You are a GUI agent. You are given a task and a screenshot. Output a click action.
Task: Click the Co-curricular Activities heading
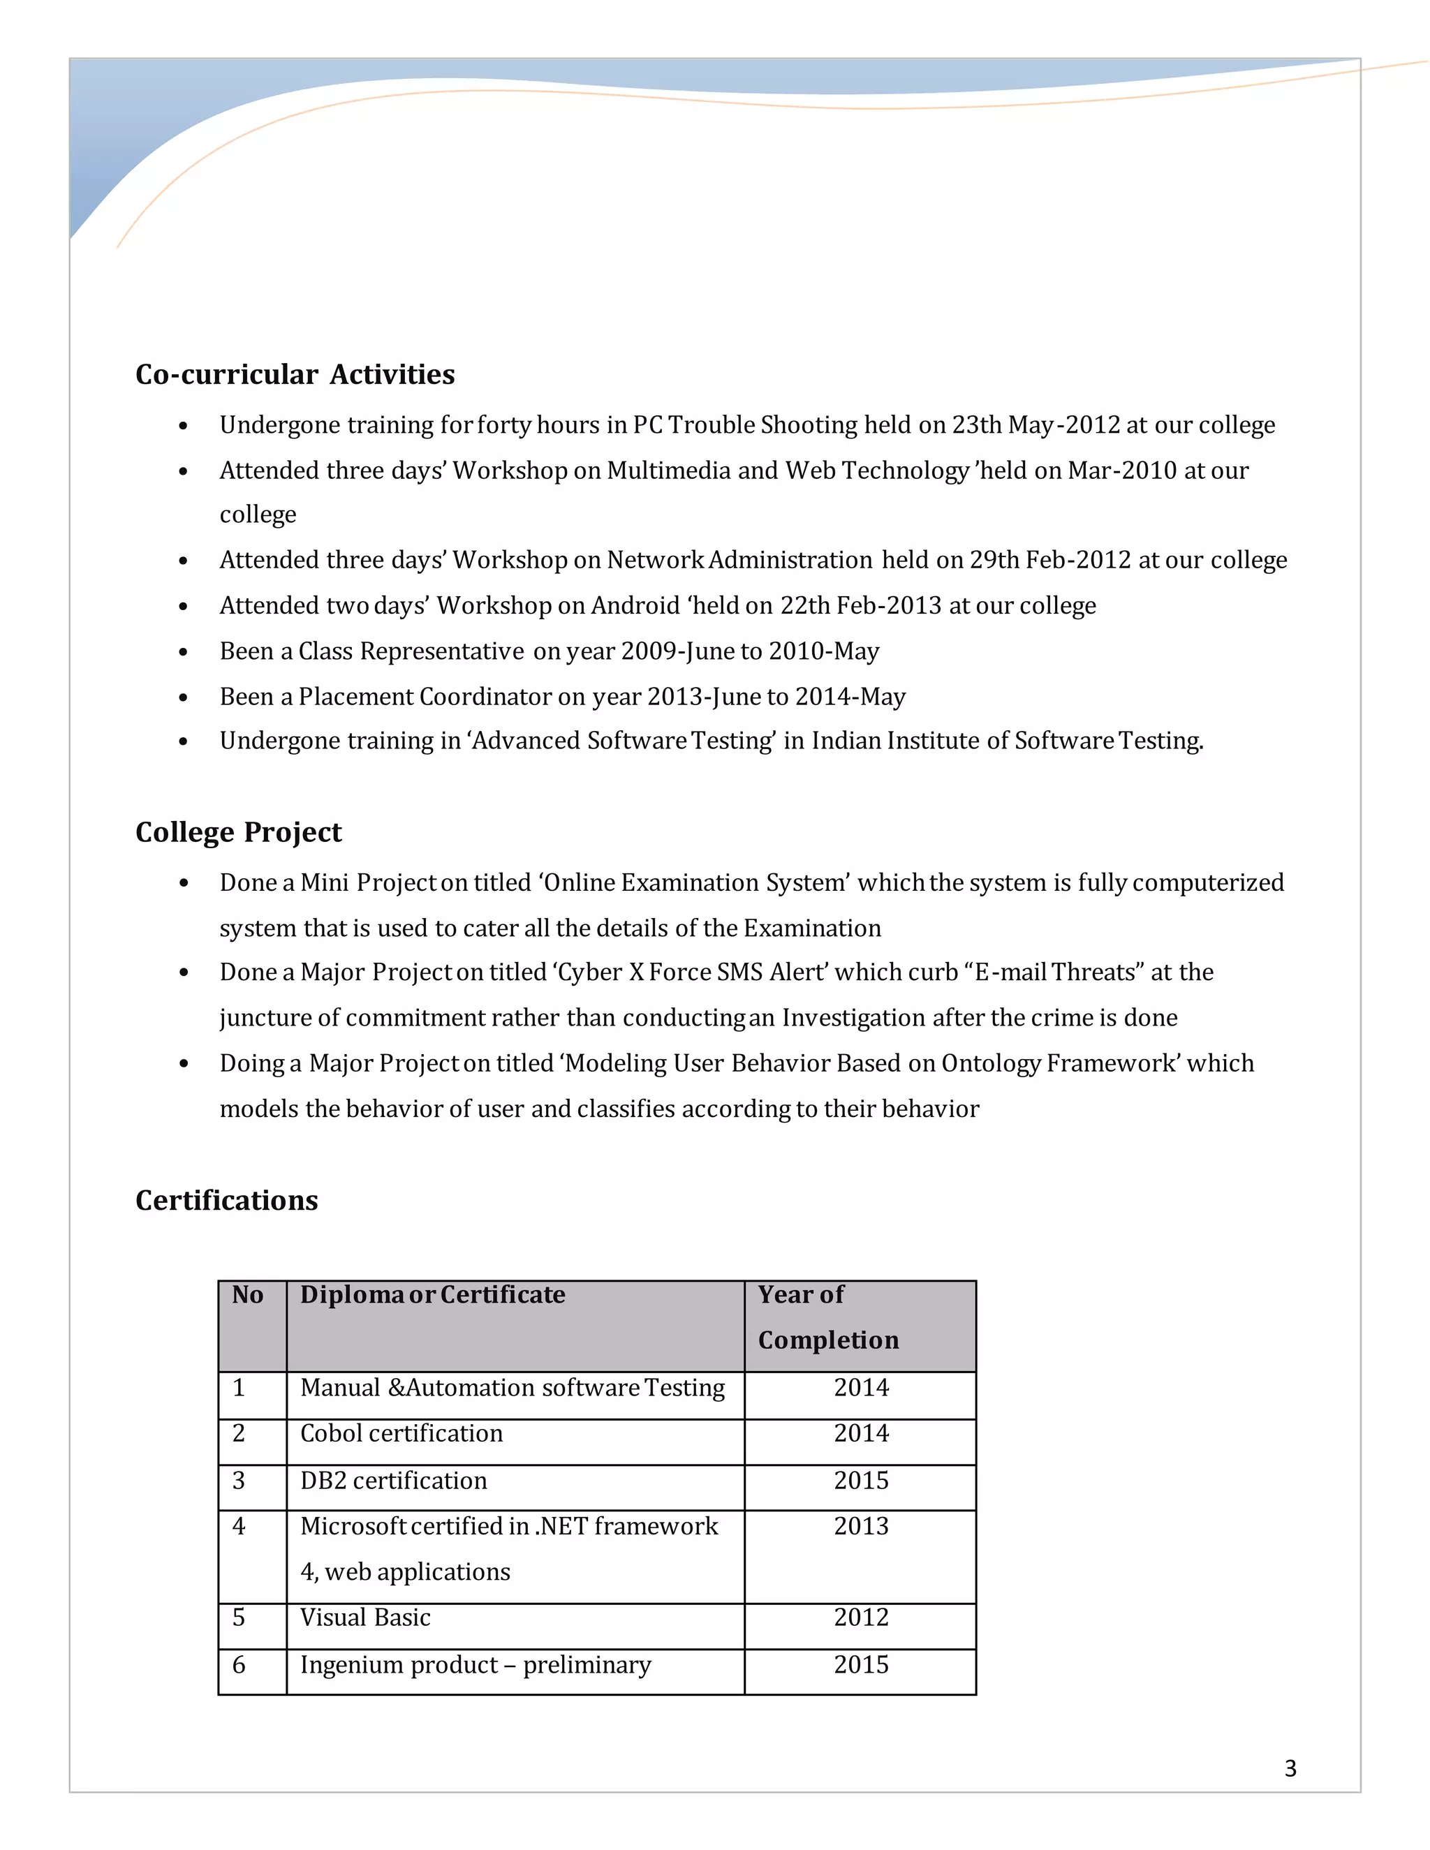(x=295, y=374)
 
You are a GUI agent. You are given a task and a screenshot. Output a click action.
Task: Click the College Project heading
(x=238, y=832)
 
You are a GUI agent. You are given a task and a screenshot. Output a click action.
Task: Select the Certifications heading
(x=226, y=1200)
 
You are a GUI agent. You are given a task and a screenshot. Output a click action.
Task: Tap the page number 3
(x=1290, y=1768)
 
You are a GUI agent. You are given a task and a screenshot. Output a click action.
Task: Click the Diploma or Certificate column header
(x=432, y=1295)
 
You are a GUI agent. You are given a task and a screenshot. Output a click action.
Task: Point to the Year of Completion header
(x=827, y=1317)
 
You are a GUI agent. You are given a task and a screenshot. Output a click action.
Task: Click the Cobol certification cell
(x=401, y=1433)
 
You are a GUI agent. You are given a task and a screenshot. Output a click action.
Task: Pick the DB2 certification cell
(x=393, y=1481)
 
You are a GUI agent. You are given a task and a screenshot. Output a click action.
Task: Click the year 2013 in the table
(x=861, y=1526)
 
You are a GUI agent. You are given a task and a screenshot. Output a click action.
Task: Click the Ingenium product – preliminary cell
(x=476, y=1665)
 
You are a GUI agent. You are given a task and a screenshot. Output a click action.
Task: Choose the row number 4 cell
(x=239, y=1526)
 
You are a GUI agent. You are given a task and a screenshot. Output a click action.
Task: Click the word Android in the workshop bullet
(x=635, y=606)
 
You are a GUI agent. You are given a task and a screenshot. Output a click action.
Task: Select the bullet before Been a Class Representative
(x=184, y=652)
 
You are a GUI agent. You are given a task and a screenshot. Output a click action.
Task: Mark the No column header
(x=247, y=1295)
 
